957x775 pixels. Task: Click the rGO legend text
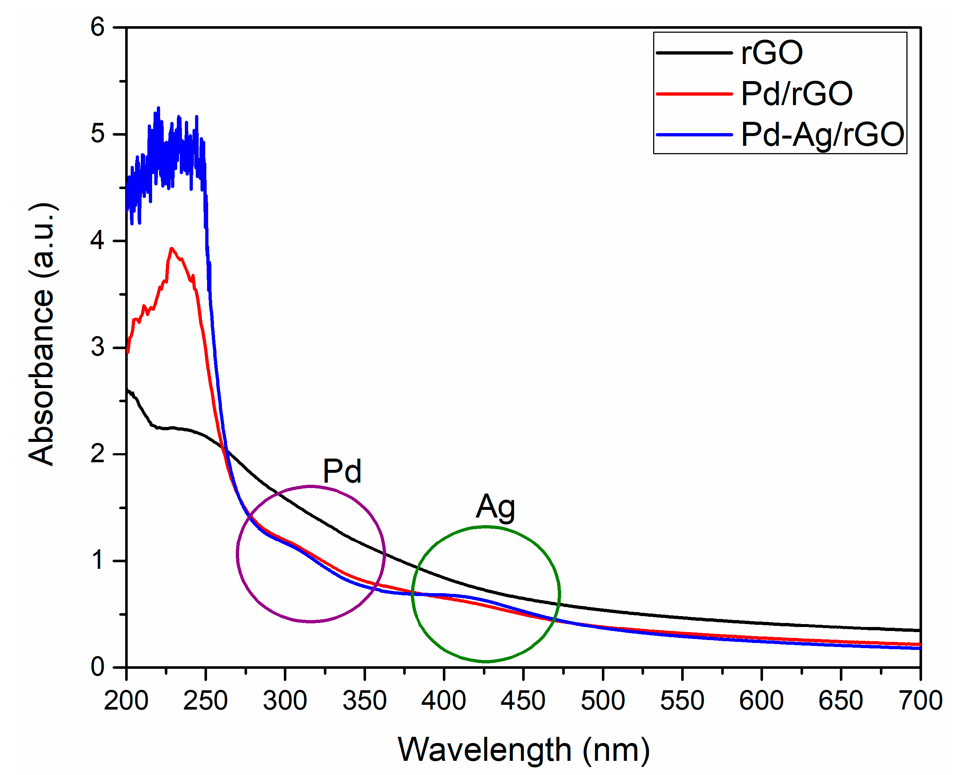tap(772, 53)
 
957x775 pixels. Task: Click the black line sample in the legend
tap(694, 53)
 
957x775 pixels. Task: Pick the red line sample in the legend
tap(694, 94)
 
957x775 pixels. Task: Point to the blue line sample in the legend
tap(694, 134)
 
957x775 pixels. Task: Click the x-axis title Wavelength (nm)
tap(523, 750)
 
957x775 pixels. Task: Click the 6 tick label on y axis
tap(98, 27)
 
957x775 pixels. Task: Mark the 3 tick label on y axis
tap(98, 347)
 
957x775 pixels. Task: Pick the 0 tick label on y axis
tap(98, 667)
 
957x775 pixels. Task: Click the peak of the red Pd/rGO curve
tap(171, 248)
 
